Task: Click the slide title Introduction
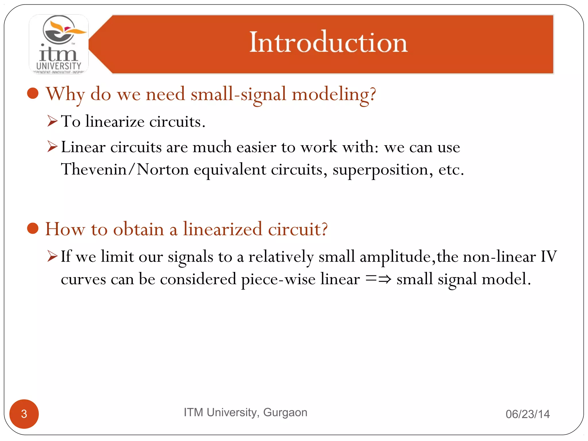coord(328,42)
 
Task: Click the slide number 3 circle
coord(24,414)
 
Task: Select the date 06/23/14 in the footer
coord(527,414)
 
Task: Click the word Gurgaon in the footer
coord(285,412)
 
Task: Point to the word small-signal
coord(238,94)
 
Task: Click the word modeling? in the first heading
coord(334,94)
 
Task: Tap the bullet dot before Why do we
coord(33,93)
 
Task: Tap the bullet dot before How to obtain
coord(33,229)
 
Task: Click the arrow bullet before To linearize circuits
coord(53,121)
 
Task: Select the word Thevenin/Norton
coord(125,169)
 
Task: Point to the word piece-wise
coord(278,279)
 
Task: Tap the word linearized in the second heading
coord(223,229)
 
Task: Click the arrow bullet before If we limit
coord(53,256)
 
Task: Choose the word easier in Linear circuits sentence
coord(256,147)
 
